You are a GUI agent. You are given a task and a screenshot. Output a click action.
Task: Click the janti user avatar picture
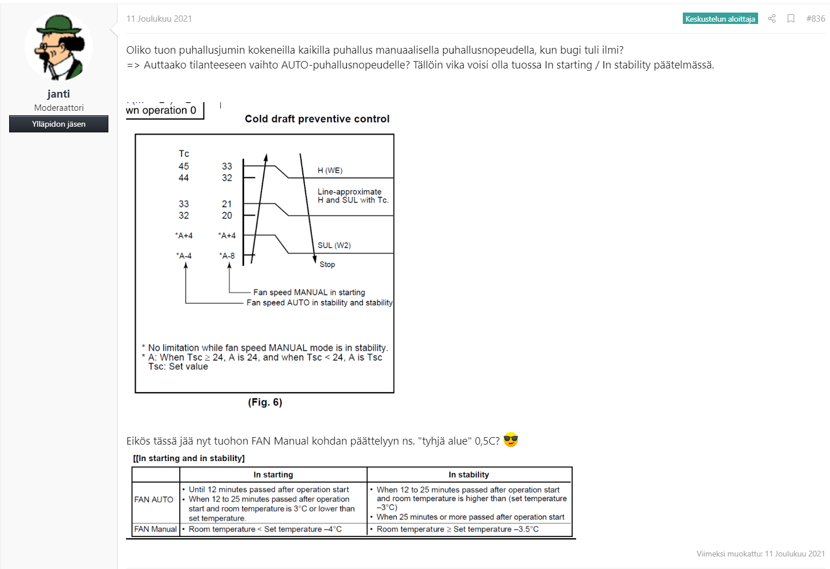pyautogui.click(x=59, y=47)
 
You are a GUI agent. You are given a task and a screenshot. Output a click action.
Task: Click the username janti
pyautogui.click(x=59, y=94)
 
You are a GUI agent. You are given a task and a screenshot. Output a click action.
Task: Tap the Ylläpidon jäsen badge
pyautogui.click(x=59, y=124)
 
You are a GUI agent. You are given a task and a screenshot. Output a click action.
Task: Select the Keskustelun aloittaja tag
pyautogui.click(x=720, y=19)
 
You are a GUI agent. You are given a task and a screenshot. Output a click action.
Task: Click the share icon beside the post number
pyautogui.click(x=772, y=19)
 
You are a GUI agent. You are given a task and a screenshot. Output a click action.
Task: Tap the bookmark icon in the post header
pyautogui.click(x=791, y=19)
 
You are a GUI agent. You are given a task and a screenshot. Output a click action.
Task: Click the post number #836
pyautogui.click(x=815, y=19)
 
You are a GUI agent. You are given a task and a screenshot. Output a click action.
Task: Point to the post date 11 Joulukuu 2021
pyautogui.click(x=159, y=19)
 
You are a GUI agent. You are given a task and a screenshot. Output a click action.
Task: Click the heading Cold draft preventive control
pyautogui.click(x=317, y=119)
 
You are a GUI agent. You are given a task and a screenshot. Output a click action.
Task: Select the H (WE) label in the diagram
pyautogui.click(x=330, y=171)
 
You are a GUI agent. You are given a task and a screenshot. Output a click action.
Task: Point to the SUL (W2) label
pyautogui.click(x=334, y=245)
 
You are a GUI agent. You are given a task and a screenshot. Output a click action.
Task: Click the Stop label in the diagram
pyautogui.click(x=327, y=264)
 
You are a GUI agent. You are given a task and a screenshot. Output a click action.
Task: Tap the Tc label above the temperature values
pyautogui.click(x=184, y=154)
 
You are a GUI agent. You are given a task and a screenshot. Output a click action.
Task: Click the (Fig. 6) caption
pyautogui.click(x=265, y=402)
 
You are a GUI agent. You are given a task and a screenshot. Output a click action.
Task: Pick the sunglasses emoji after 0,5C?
pyautogui.click(x=511, y=440)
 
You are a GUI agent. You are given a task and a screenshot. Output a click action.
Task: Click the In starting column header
pyautogui.click(x=273, y=475)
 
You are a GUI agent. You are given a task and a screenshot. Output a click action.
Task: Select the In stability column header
pyautogui.click(x=469, y=475)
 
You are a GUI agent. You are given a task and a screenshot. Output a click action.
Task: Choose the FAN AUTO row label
pyautogui.click(x=154, y=499)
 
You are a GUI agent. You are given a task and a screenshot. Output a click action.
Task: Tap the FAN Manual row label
pyautogui.click(x=156, y=529)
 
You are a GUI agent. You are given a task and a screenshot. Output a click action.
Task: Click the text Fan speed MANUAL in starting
pyautogui.click(x=309, y=292)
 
